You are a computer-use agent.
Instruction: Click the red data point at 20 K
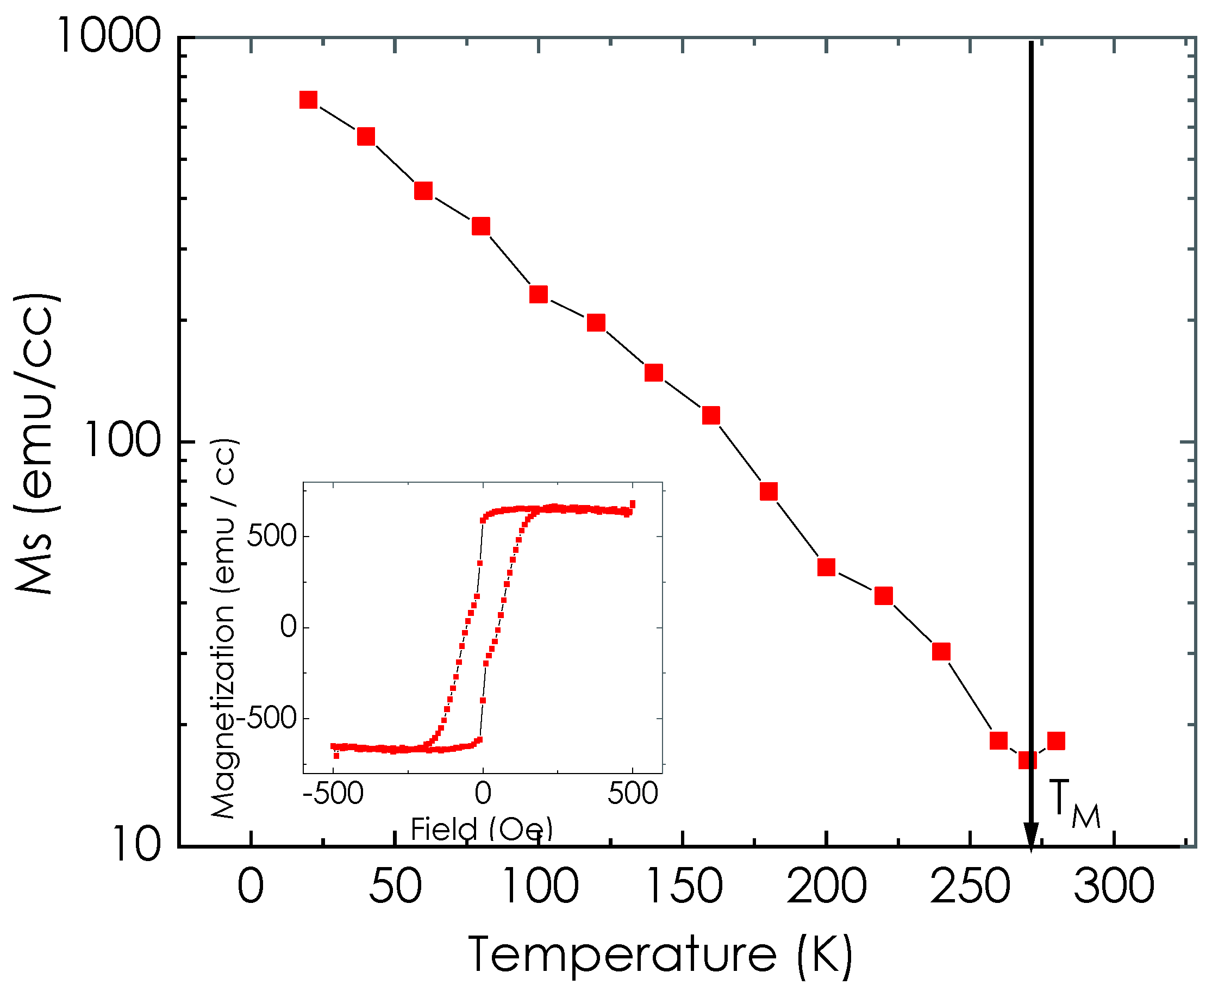point(308,100)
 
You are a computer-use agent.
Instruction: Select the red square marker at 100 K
point(539,294)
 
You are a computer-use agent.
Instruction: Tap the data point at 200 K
point(826,567)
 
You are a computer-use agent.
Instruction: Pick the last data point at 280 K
point(1056,740)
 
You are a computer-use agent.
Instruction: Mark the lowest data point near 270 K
point(1028,760)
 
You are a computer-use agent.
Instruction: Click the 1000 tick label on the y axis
point(108,35)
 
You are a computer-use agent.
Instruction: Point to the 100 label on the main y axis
point(122,440)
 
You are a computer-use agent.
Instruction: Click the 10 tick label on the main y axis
point(137,844)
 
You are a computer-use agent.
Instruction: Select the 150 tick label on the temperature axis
point(683,887)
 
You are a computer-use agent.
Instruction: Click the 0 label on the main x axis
point(251,887)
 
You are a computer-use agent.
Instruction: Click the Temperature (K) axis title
point(660,955)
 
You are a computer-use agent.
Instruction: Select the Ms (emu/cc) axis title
point(35,443)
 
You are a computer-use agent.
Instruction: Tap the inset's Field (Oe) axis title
point(482,829)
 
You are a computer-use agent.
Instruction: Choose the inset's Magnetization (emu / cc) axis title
point(224,628)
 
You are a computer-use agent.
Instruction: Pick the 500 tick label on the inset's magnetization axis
point(272,536)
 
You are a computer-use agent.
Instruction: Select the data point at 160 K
point(711,415)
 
